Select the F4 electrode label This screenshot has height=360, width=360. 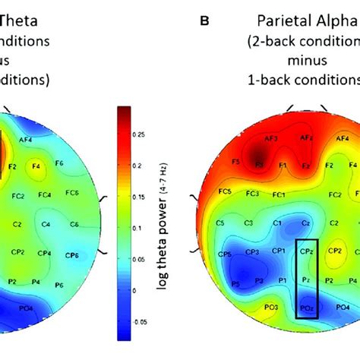point(35,163)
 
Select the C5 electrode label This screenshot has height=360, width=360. point(220,223)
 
